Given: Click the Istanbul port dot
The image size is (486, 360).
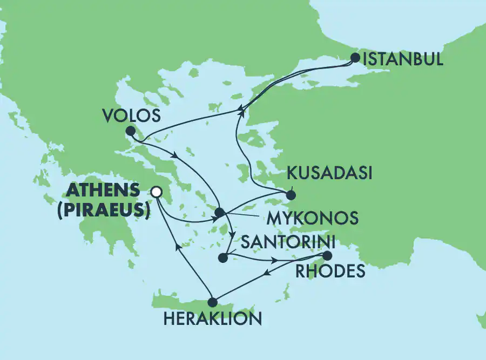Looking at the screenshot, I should coord(355,57).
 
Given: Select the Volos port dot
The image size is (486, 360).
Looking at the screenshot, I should coord(130,131).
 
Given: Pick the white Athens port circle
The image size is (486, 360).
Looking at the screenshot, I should coord(157,191).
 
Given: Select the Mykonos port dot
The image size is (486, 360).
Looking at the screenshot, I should coord(220,212).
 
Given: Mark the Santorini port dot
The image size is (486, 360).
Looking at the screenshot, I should coord(222,258).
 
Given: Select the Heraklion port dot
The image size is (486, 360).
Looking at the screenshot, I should coord(213,302).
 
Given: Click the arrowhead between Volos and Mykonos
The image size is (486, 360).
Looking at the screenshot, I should coord(175,156).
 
